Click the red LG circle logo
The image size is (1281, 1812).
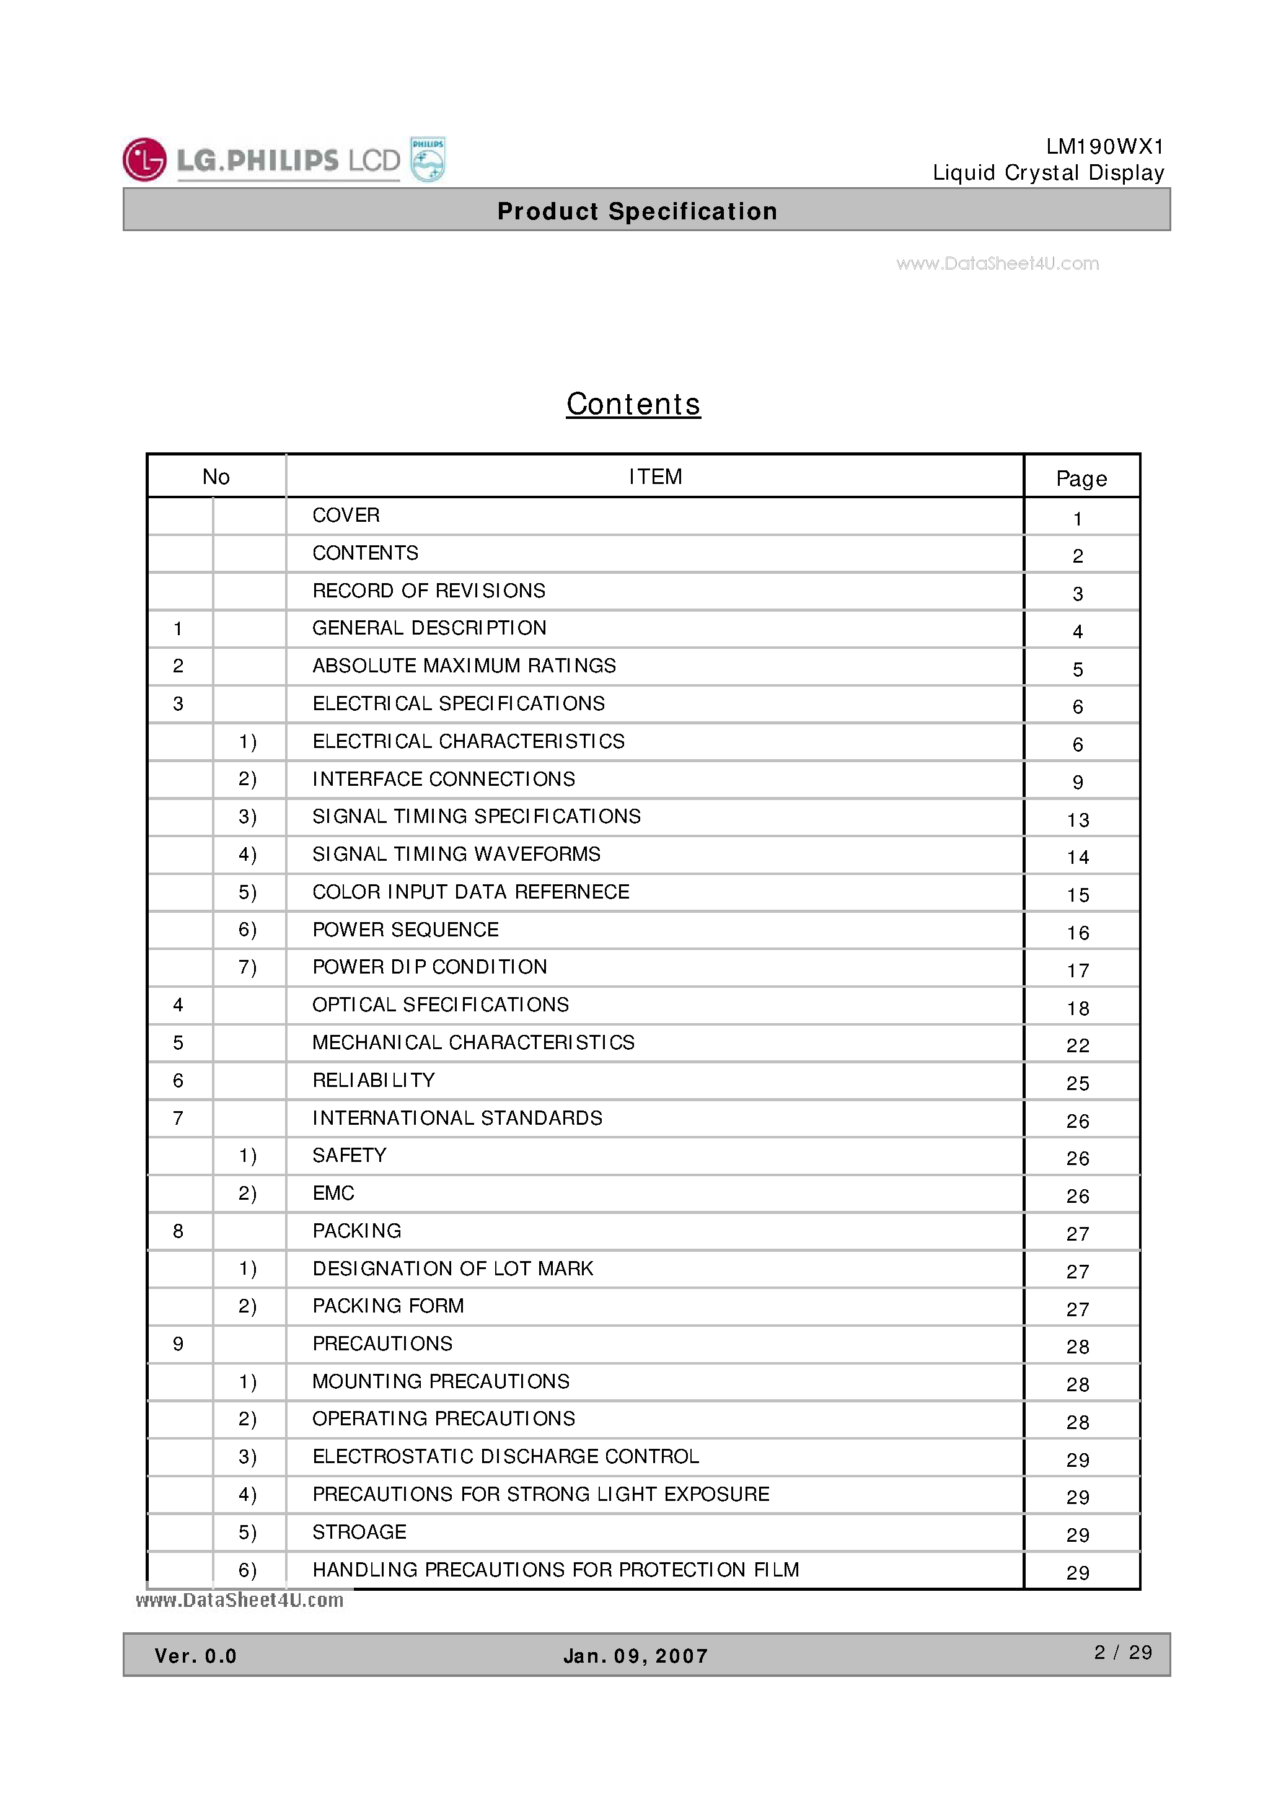pyautogui.click(x=144, y=159)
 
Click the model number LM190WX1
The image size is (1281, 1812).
pyautogui.click(x=1104, y=147)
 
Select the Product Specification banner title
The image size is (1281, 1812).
pyautogui.click(x=637, y=211)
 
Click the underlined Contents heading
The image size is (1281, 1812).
pyautogui.click(x=633, y=404)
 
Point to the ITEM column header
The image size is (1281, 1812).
pyautogui.click(x=655, y=477)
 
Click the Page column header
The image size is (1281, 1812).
pyautogui.click(x=1081, y=478)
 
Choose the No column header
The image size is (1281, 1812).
pyautogui.click(x=216, y=477)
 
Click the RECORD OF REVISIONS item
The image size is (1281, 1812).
pyautogui.click(x=429, y=591)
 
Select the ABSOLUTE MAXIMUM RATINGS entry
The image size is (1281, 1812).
pyautogui.click(x=464, y=666)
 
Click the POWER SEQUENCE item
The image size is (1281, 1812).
pyautogui.click(x=406, y=930)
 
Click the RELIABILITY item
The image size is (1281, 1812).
pyautogui.click(x=373, y=1080)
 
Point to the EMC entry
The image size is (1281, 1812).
pyautogui.click(x=333, y=1194)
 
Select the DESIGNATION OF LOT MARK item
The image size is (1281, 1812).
pyautogui.click(x=452, y=1269)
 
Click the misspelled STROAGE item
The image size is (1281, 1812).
pyautogui.click(x=359, y=1532)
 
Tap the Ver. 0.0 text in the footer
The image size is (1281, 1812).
pyautogui.click(x=196, y=1656)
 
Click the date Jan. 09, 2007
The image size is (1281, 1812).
pyautogui.click(x=635, y=1656)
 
